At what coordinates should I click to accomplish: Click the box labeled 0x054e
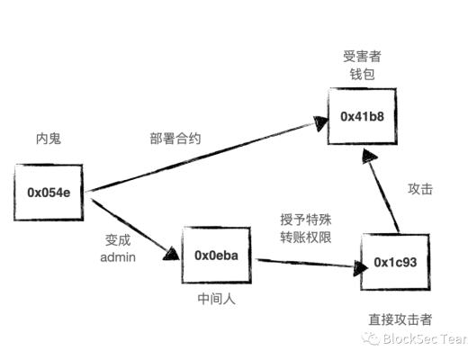tap(50, 192)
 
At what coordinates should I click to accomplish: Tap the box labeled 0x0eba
tap(217, 256)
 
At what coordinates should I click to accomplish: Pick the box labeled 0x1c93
tap(395, 262)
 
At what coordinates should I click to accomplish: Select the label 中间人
tap(216, 300)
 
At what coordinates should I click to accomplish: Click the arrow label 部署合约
tap(175, 139)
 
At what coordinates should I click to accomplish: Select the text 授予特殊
tap(304, 219)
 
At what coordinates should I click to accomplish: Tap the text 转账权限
tap(304, 237)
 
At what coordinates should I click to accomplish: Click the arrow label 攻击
tap(420, 189)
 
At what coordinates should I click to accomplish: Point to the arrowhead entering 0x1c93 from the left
tap(354, 266)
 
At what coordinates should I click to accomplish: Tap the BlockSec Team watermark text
tap(424, 338)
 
